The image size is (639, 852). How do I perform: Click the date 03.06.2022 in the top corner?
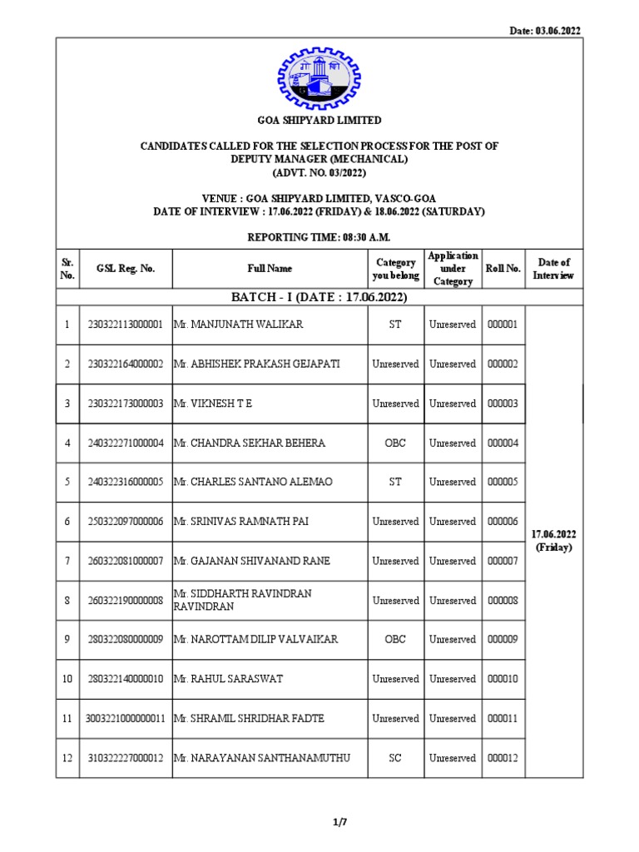pyautogui.click(x=544, y=31)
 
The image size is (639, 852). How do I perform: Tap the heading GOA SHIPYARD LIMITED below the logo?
pyautogui.click(x=319, y=120)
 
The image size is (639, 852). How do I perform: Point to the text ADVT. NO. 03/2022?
pyautogui.click(x=319, y=172)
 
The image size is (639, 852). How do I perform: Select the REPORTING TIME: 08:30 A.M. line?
pyautogui.click(x=319, y=238)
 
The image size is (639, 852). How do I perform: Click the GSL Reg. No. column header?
pyautogui.click(x=126, y=269)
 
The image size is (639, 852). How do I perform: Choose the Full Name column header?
pyautogui.click(x=270, y=269)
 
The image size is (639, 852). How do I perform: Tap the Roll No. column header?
pyautogui.click(x=503, y=269)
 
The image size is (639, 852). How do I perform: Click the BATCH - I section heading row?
pyautogui.click(x=319, y=298)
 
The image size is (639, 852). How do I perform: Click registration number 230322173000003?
pyautogui.click(x=126, y=404)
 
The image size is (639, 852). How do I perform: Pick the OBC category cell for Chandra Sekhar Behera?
pyautogui.click(x=395, y=443)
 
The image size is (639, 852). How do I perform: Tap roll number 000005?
pyautogui.click(x=503, y=483)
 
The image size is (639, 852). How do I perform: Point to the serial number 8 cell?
pyautogui.click(x=67, y=601)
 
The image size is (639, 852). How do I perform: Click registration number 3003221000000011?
pyautogui.click(x=126, y=719)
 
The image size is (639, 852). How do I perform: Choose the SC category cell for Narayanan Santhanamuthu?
pyautogui.click(x=395, y=758)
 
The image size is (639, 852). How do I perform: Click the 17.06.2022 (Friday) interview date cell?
pyautogui.click(x=554, y=541)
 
